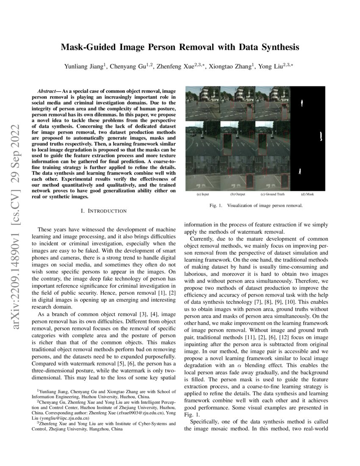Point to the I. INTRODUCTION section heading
(103, 211)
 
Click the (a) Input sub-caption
(202, 194)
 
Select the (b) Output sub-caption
(238, 194)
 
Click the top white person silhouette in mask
(301, 103)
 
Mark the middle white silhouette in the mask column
(321, 136)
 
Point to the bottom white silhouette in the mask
(300, 171)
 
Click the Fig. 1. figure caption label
(216, 205)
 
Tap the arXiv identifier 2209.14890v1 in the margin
(17, 237)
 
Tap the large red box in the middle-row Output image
(227, 144)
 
